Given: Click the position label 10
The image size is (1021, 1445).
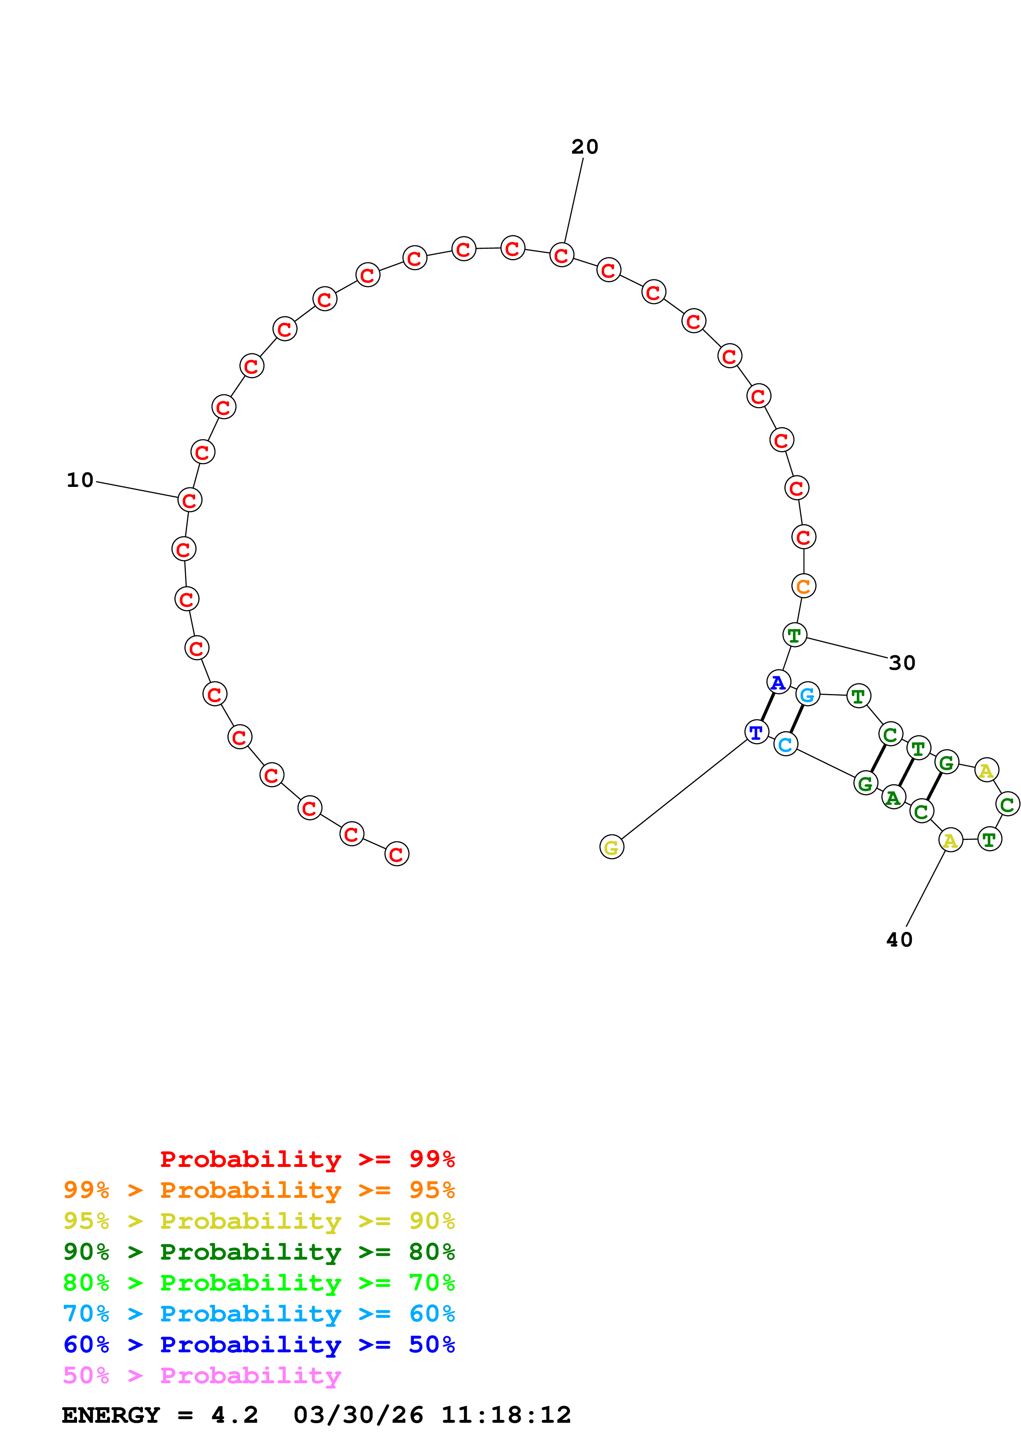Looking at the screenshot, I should pyautogui.click(x=80, y=480).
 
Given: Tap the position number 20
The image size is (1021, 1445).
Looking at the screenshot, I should pyautogui.click(x=584, y=147).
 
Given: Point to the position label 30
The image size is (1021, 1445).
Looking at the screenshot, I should pyautogui.click(x=902, y=663).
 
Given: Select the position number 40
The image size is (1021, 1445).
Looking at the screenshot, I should pyautogui.click(x=899, y=940).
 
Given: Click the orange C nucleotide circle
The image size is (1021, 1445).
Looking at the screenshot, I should pyautogui.click(x=804, y=586).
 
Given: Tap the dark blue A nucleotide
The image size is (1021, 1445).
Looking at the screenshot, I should pyautogui.click(x=778, y=682).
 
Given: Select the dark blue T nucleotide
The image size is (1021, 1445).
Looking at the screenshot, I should pyautogui.click(x=756, y=732).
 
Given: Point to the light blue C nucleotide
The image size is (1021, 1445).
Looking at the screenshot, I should pyautogui.click(x=785, y=744).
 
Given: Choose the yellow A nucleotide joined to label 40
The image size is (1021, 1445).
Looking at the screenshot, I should pyautogui.click(x=950, y=840).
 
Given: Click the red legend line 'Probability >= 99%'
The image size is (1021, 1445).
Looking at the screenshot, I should pyautogui.click(x=307, y=1159).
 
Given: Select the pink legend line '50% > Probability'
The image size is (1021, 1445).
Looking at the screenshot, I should pyautogui.click(x=202, y=1375).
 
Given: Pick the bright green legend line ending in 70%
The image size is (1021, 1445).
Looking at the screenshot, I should pyautogui.click(x=259, y=1283).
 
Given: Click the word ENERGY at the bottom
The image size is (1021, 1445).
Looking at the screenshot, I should pyautogui.click(x=111, y=1415).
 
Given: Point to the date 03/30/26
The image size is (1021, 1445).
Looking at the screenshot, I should pyautogui.click(x=358, y=1415).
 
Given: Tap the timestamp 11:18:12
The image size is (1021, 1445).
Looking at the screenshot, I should pyautogui.click(x=506, y=1415).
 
